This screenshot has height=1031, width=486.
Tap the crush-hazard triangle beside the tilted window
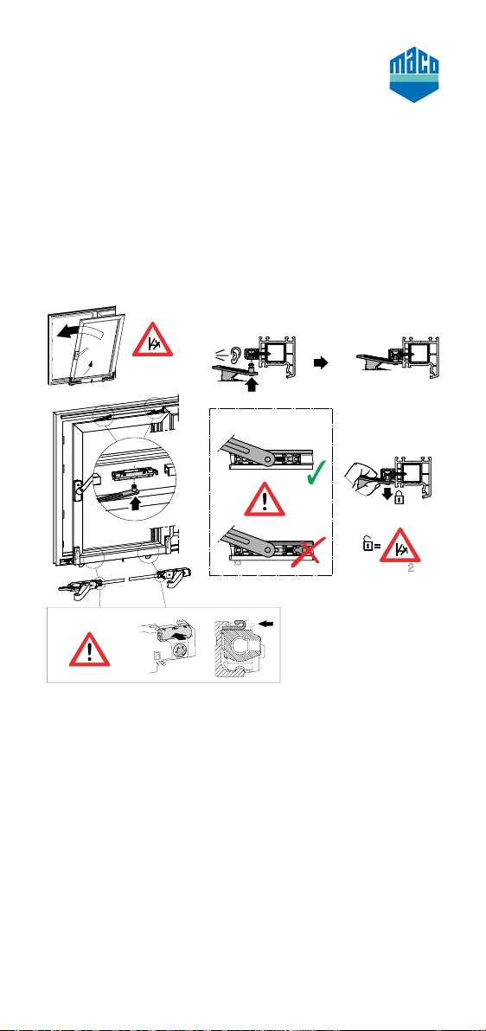point(153,341)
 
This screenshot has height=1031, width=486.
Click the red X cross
point(306,550)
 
